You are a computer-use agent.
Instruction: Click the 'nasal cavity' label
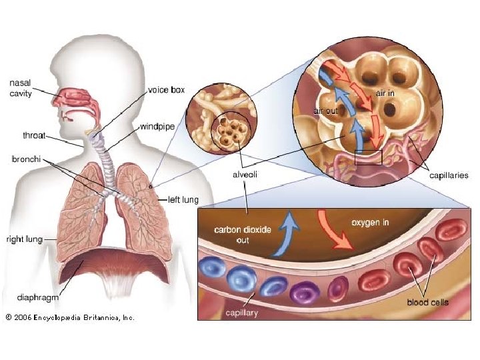[x=21, y=89]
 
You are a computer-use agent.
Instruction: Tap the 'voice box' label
[x=166, y=89]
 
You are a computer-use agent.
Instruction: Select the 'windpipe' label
[x=158, y=126]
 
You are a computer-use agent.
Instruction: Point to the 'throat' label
[x=34, y=135]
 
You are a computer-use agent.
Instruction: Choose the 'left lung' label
[x=182, y=199]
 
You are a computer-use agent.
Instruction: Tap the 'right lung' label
[x=25, y=239]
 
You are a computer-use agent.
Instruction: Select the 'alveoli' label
[x=245, y=175]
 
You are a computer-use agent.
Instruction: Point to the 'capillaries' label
[x=448, y=175]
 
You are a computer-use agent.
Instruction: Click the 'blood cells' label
[x=427, y=302]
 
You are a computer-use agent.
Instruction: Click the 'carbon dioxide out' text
[x=242, y=234]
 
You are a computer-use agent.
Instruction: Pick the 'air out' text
[x=325, y=111]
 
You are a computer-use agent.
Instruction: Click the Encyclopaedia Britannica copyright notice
[x=69, y=317]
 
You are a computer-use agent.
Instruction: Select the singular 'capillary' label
[x=241, y=312]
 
